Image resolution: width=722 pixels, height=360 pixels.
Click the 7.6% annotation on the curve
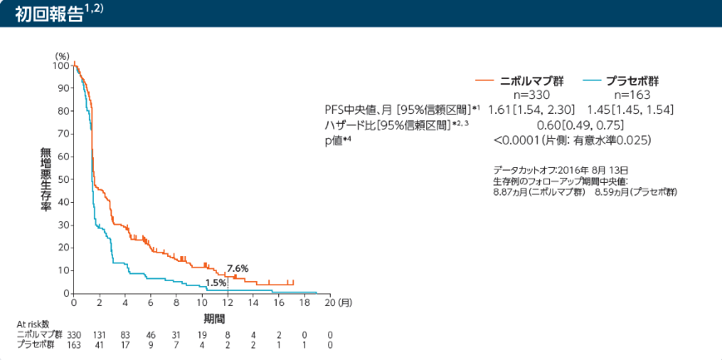click(x=238, y=269)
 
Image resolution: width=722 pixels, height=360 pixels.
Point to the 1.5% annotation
click(x=216, y=283)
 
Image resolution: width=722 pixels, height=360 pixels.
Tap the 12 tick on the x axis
click(x=228, y=303)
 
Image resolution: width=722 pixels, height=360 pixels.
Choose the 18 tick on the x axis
click(x=304, y=303)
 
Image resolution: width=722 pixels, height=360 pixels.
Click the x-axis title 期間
click(x=214, y=318)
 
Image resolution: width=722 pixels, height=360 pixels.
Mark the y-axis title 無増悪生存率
click(x=45, y=180)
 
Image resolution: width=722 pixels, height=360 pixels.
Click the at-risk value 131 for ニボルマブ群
click(x=100, y=335)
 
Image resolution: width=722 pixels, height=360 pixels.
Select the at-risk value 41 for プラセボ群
click(x=100, y=345)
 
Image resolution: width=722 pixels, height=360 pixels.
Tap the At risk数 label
click(x=32, y=324)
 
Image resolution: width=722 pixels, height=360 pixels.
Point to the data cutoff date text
click(x=561, y=169)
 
